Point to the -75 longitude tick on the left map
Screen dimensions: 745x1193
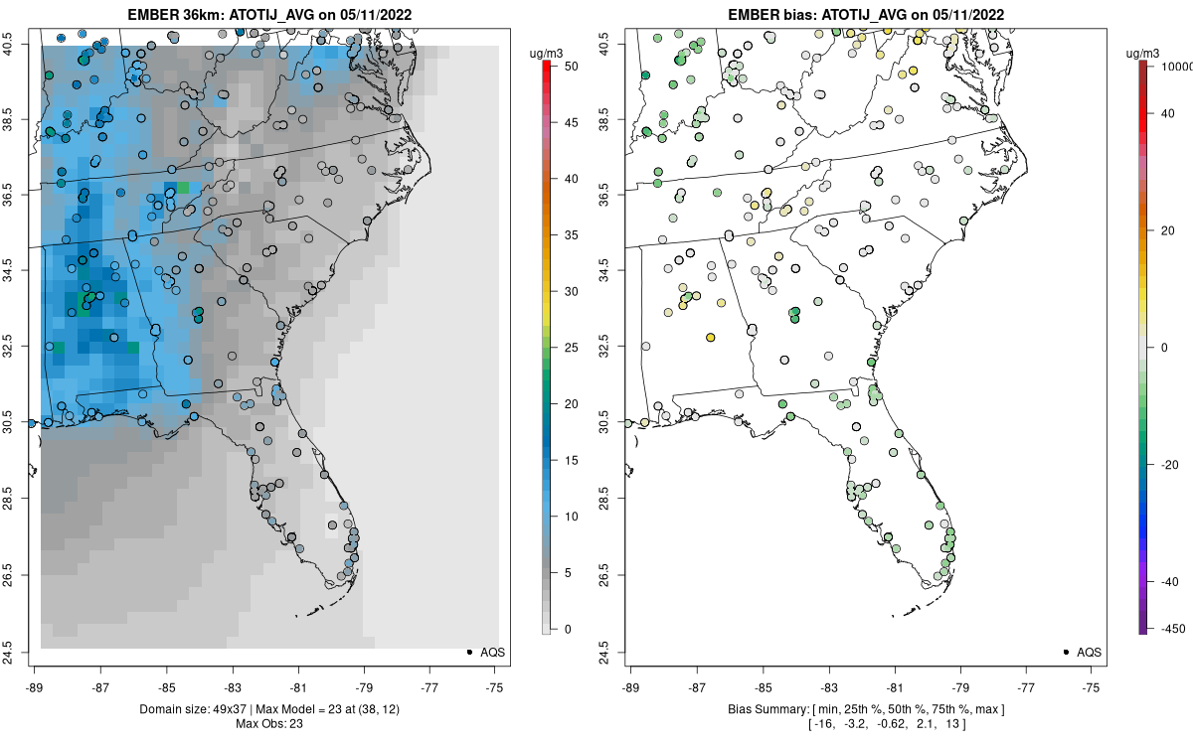(495, 686)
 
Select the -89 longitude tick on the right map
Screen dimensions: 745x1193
(630, 686)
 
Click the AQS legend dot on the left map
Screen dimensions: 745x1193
(468, 652)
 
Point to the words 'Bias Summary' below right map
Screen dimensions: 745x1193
(761, 709)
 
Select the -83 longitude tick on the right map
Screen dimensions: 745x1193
(828, 686)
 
